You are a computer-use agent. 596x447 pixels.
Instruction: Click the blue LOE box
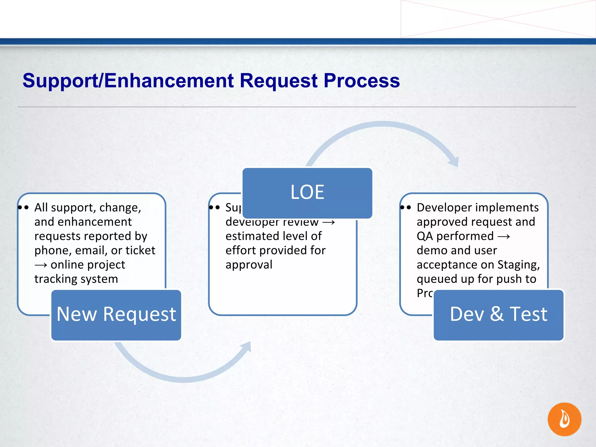[307, 193]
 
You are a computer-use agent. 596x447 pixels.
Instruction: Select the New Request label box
[116, 315]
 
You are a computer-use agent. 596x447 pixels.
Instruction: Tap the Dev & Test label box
[499, 315]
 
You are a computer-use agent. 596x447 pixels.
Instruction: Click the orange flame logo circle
[564, 419]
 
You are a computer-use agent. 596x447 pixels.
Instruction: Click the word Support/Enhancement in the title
[128, 81]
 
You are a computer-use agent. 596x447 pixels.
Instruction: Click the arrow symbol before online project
[41, 265]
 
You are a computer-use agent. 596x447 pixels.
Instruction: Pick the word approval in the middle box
[249, 265]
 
